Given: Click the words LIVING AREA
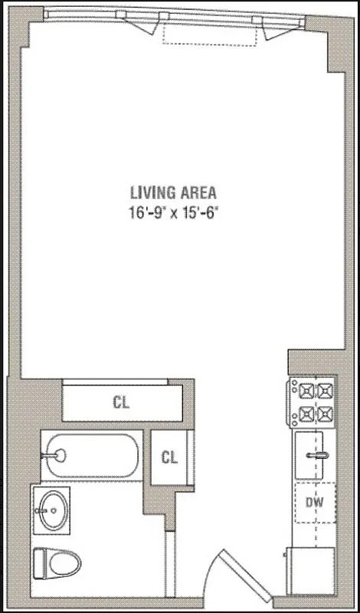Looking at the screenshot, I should [x=173, y=192].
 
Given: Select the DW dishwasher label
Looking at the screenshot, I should [x=314, y=503].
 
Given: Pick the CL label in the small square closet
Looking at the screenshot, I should [x=169, y=457].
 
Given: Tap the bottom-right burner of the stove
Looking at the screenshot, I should [x=326, y=414].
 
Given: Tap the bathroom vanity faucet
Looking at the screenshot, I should [x=38, y=507].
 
